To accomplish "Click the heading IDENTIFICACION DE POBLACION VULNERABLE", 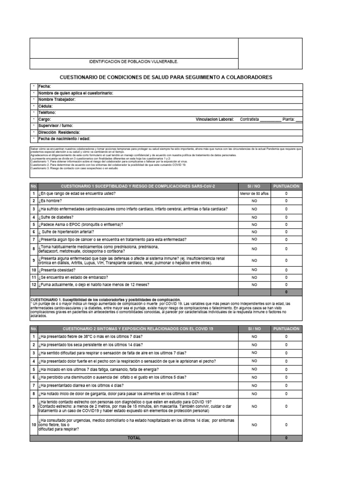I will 134,62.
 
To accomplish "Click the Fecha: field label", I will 45,87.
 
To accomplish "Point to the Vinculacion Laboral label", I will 215,120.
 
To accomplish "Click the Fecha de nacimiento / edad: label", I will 64,139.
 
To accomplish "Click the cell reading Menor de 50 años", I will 254,193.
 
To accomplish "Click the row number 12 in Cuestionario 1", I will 33,285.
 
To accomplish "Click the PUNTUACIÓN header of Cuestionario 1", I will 286,186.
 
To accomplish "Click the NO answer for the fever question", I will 254,337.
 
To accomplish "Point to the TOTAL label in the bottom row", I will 134,438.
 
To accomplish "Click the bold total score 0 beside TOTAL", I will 286,438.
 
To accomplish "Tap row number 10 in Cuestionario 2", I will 33,425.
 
